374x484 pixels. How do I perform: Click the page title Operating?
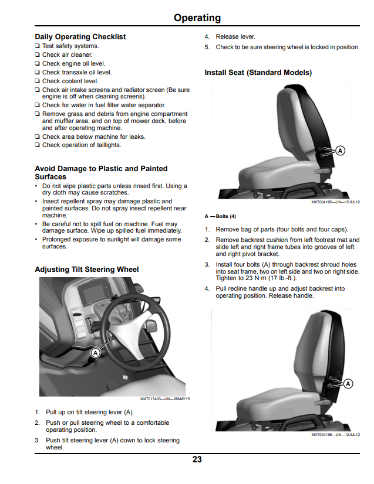(197, 18)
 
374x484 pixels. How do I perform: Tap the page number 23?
(197, 459)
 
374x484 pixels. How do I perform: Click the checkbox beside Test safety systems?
(37, 46)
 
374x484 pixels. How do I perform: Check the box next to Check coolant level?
(37, 81)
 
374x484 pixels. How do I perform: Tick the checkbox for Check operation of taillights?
(37, 145)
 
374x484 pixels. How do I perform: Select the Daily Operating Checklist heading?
(80, 37)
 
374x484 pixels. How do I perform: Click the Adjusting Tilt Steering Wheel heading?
(87, 270)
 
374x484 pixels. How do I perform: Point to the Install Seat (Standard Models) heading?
(258, 73)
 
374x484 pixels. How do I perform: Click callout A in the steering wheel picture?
(96, 353)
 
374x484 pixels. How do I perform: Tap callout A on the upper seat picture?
(341, 151)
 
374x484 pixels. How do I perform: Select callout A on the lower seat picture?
(348, 384)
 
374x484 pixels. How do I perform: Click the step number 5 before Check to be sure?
(207, 47)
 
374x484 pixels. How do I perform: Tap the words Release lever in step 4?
(235, 37)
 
